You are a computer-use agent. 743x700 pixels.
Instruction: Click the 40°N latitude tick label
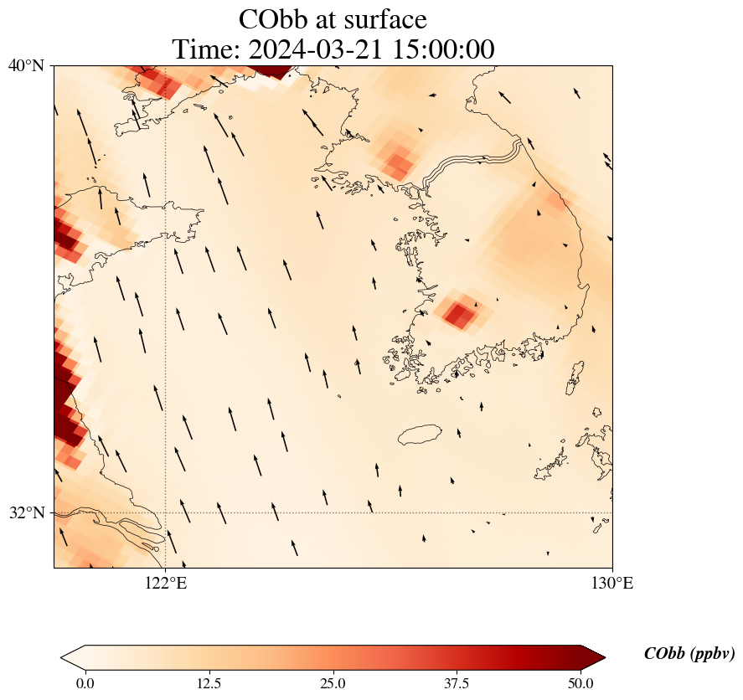(26, 65)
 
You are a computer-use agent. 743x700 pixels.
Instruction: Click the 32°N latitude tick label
(26, 512)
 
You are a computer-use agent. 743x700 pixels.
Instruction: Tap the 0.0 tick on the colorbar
(85, 683)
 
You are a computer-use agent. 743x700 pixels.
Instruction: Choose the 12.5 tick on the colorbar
(209, 683)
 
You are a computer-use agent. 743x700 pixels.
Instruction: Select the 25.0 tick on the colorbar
(333, 683)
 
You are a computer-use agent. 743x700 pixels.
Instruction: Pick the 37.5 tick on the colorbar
(457, 683)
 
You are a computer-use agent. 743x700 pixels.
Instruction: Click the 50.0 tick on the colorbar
(580, 683)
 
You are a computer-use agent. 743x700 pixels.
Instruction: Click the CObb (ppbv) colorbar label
(689, 654)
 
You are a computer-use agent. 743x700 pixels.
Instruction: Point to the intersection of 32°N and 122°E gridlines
(165, 512)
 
